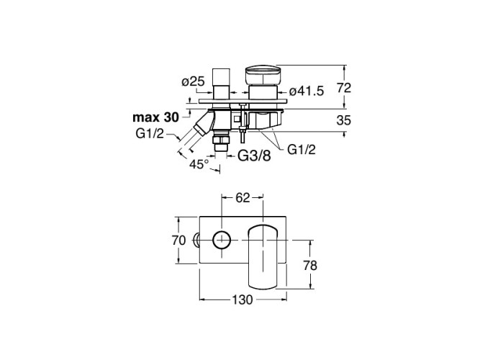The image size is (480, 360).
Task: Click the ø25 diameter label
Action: pyautogui.click(x=193, y=82)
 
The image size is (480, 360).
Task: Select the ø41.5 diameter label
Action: pyautogui.click(x=307, y=91)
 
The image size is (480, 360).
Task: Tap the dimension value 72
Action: pyautogui.click(x=344, y=88)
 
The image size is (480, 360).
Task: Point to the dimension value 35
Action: pyautogui.click(x=343, y=120)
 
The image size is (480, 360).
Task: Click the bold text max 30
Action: pyautogui.click(x=155, y=117)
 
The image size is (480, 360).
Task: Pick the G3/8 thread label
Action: pyautogui.click(x=255, y=156)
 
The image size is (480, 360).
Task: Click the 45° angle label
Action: pyautogui.click(x=199, y=164)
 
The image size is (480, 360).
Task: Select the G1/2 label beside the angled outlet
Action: pyautogui.click(x=150, y=134)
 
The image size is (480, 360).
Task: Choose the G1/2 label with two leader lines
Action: pyautogui.click(x=302, y=150)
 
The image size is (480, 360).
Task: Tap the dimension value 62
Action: pyautogui.click(x=243, y=198)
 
